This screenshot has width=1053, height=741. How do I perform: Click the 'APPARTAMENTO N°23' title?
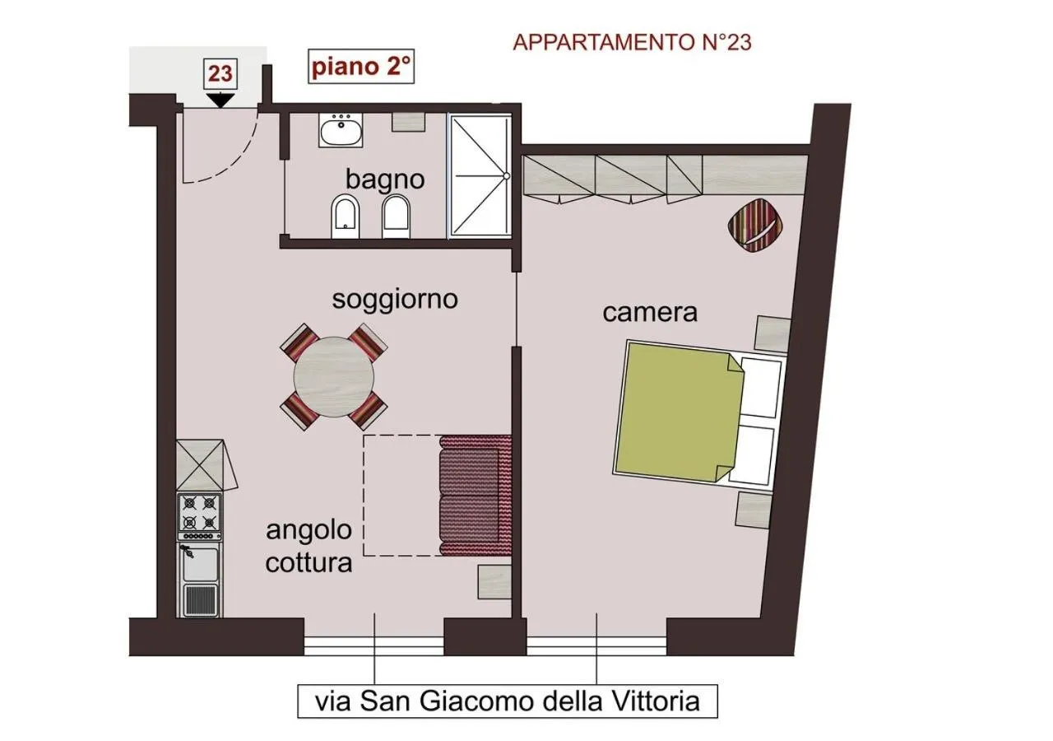click(x=632, y=43)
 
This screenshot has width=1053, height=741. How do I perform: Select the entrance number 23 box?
click(x=220, y=73)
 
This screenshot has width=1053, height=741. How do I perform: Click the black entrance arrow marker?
click(x=220, y=100)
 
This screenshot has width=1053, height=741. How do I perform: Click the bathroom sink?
click(x=341, y=131)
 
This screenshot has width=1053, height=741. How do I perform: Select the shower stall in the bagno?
click(x=479, y=176)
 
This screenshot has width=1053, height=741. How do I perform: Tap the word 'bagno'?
click(x=385, y=179)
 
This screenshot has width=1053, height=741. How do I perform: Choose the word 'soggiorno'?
click(x=394, y=299)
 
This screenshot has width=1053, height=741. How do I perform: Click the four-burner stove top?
click(x=200, y=512)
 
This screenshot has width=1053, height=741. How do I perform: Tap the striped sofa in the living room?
click(x=475, y=494)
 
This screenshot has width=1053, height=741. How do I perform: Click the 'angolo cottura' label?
click(x=308, y=546)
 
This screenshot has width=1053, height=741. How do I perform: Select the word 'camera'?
click(x=650, y=313)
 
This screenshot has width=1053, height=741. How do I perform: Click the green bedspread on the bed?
click(x=675, y=412)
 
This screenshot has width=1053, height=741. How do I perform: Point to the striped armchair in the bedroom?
click(x=755, y=223)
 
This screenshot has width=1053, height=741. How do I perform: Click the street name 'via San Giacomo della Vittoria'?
click(x=508, y=701)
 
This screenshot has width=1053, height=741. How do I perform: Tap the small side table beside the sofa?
click(x=494, y=581)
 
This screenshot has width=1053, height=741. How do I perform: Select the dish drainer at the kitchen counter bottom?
click(x=200, y=599)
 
